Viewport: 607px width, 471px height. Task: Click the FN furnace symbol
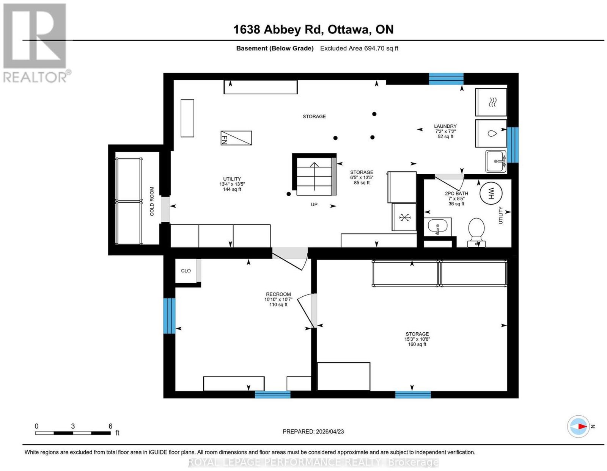click(x=236, y=138)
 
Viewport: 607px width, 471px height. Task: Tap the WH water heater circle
click(x=491, y=193)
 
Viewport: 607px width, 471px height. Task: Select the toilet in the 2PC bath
click(x=476, y=232)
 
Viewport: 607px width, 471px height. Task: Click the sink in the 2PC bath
click(x=437, y=227)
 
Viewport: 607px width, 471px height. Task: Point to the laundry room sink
click(x=496, y=161)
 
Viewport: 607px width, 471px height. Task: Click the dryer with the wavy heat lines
click(x=491, y=102)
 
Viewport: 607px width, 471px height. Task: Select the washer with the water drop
click(x=491, y=134)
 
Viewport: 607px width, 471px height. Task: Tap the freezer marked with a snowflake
click(x=404, y=217)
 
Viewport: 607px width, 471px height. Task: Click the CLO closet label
click(x=186, y=271)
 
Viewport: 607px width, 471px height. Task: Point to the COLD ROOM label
click(x=152, y=201)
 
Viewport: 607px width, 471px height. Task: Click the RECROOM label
click(x=278, y=294)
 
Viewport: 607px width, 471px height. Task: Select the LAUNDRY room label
click(x=445, y=126)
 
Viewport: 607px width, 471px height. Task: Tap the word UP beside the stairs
click(x=314, y=204)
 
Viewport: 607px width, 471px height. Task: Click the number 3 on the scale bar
click(x=73, y=426)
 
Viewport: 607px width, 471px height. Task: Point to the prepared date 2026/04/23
click(x=330, y=432)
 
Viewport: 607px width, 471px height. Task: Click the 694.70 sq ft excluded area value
click(x=381, y=48)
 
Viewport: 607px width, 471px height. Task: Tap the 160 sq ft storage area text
click(x=417, y=344)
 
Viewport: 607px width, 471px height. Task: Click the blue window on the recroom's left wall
click(x=169, y=316)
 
